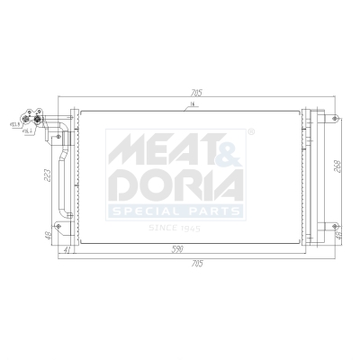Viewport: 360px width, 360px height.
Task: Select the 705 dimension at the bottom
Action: tap(197, 263)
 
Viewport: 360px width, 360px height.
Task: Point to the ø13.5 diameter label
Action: tap(14, 124)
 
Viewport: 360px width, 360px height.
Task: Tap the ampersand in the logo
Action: tap(229, 147)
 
